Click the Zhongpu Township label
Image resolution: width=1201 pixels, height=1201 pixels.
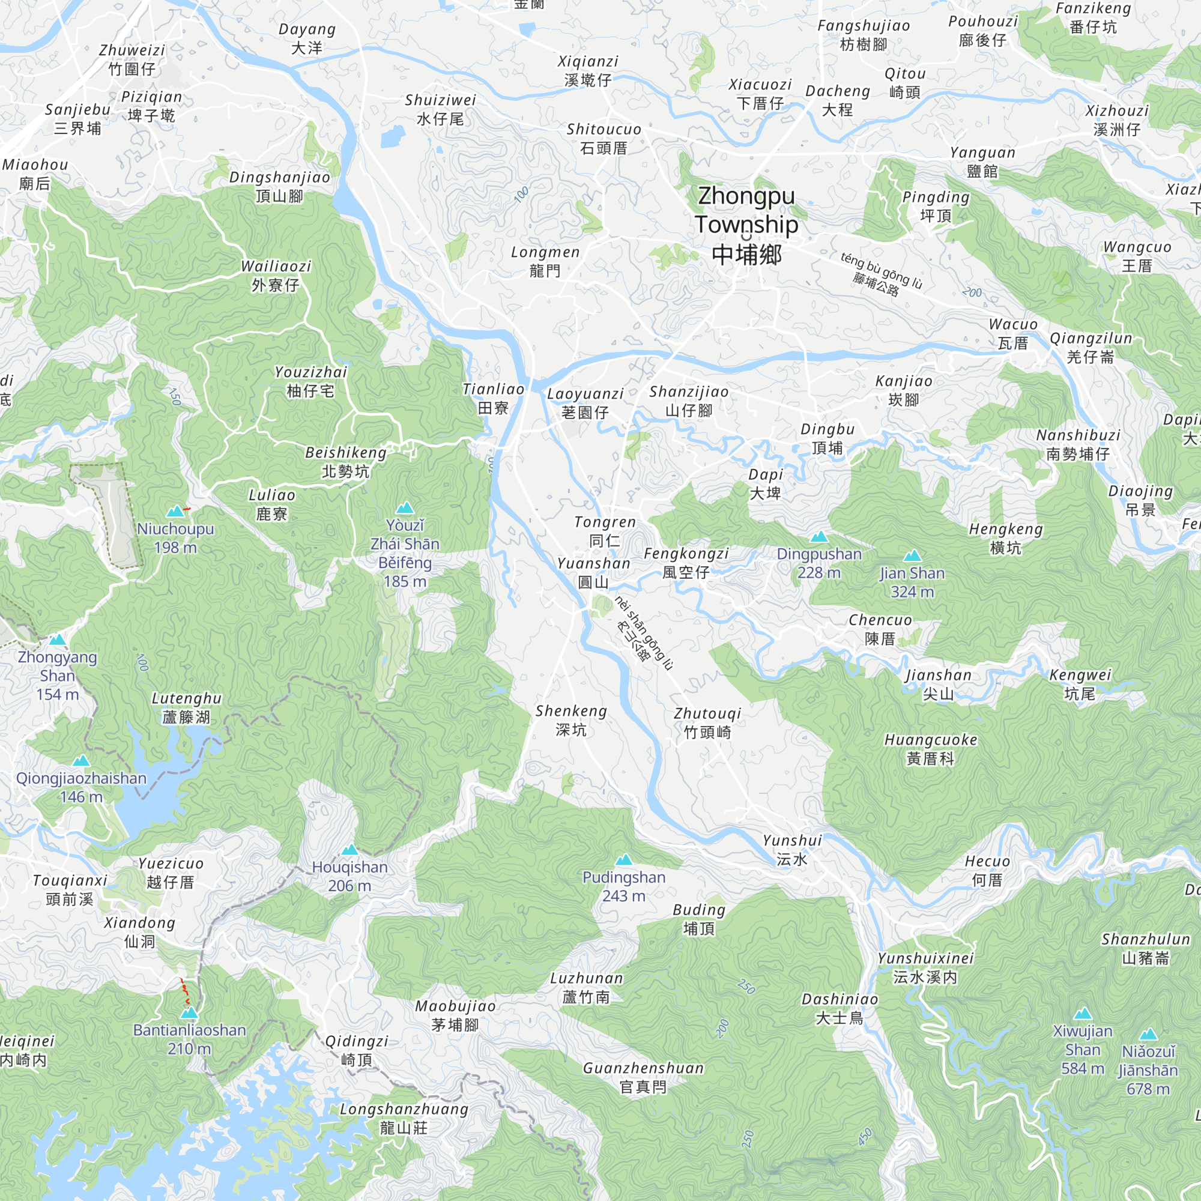746,225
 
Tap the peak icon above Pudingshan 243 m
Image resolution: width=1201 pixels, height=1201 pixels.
623,860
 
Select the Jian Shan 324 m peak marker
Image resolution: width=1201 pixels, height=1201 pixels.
912,555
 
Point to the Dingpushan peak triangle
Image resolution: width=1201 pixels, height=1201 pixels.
818,536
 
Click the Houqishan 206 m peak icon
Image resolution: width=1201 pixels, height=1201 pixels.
349,850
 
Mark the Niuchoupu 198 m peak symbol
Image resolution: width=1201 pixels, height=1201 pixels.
176,511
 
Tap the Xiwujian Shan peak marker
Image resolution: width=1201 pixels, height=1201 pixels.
1082,1013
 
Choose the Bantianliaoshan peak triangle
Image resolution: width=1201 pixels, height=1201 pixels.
189,1012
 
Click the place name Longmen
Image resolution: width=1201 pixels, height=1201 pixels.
545,262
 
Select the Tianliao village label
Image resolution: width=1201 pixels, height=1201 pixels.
493,399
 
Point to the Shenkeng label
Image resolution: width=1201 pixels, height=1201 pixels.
570,721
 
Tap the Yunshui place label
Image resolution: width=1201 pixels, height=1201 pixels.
792,850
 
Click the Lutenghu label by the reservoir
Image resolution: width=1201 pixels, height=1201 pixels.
187,707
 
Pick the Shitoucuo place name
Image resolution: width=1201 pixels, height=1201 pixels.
604,139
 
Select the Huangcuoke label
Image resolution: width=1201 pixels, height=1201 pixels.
930,749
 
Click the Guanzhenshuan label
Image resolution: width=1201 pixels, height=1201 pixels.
643,1077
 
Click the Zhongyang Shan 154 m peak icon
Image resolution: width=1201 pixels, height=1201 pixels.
57,639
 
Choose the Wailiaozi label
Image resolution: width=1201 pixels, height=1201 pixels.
276,276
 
